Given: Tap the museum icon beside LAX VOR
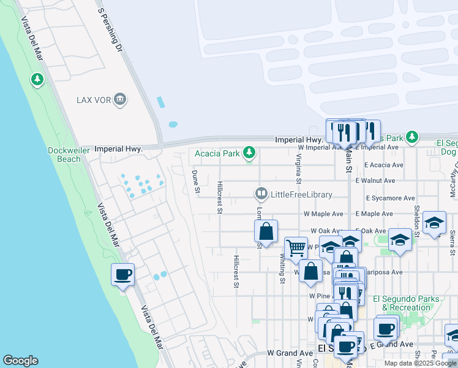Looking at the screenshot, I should point(119,99).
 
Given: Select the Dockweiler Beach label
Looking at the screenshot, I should point(64,154).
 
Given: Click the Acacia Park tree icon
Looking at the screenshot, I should point(249,153).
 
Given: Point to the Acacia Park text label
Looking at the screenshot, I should point(217,153).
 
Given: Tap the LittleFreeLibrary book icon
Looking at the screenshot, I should point(261,194).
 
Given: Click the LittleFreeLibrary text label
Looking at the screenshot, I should point(302,195).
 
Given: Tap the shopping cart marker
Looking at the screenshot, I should point(296,248).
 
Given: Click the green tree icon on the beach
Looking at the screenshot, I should point(37,79).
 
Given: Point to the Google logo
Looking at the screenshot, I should point(20,361).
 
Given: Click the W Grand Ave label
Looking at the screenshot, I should point(290,353).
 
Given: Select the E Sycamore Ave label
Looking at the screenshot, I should point(390,198).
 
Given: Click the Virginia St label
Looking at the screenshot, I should point(298,169).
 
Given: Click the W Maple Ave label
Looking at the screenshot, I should point(323,214).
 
